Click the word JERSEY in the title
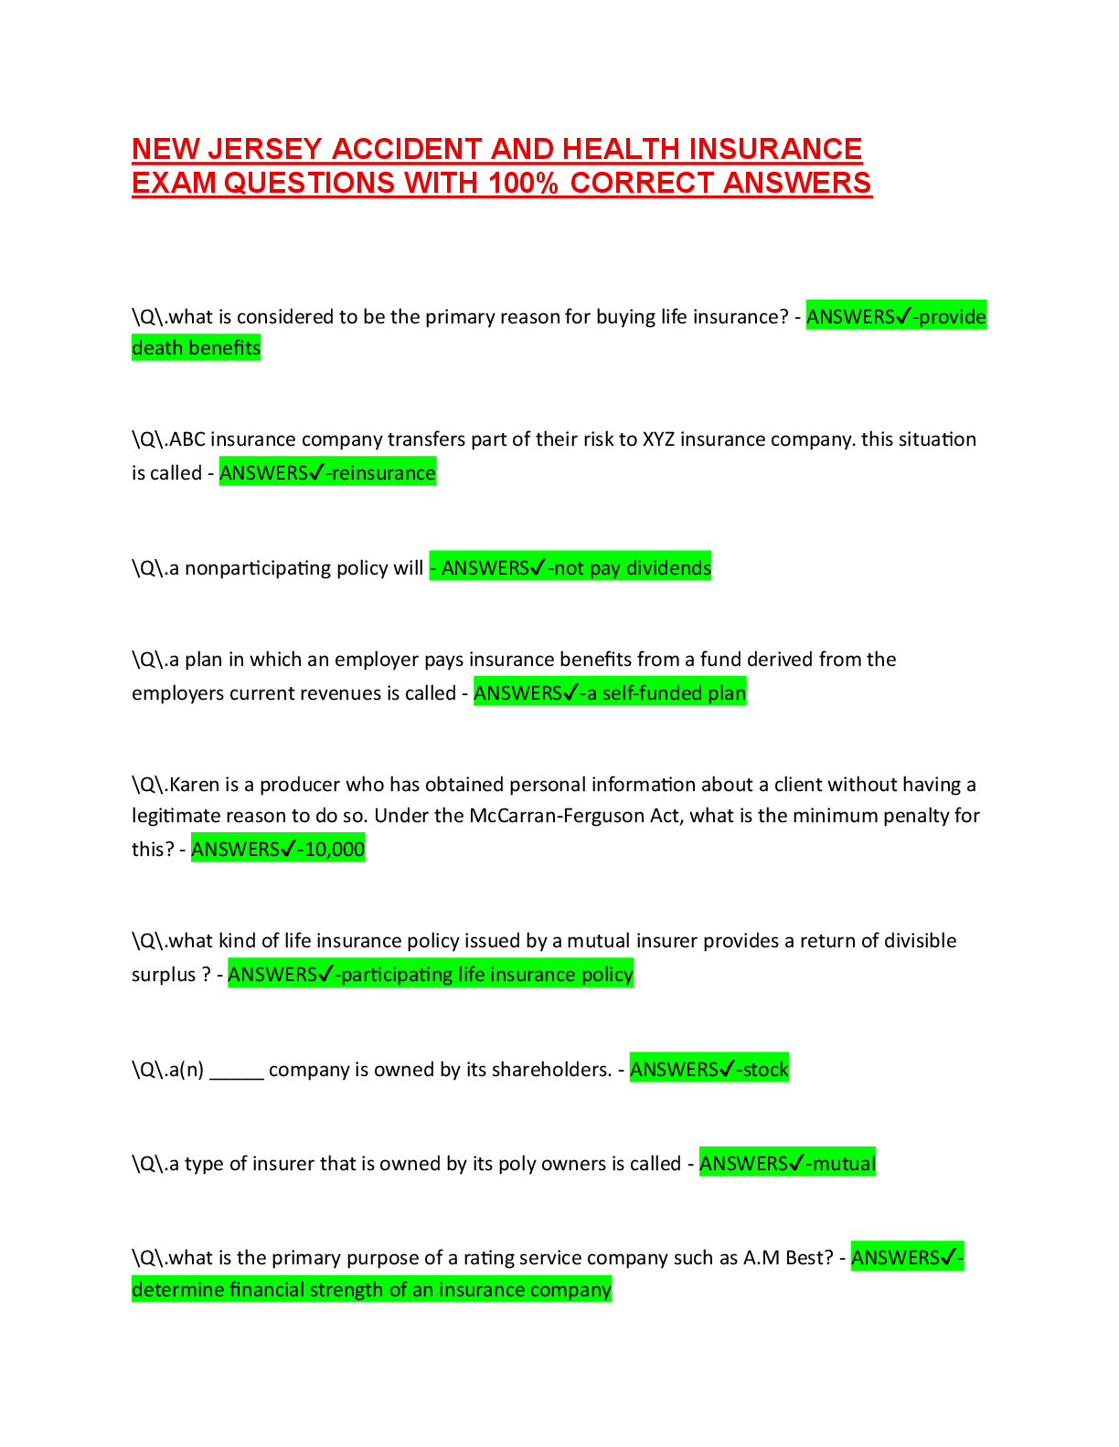coord(265,149)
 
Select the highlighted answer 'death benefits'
coord(196,348)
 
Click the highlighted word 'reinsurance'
coord(383,473)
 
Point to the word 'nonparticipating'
coord(258,568)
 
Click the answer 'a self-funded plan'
coord(666,693)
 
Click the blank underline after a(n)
coord(237,1071)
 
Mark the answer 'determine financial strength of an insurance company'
coord(371,1290)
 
